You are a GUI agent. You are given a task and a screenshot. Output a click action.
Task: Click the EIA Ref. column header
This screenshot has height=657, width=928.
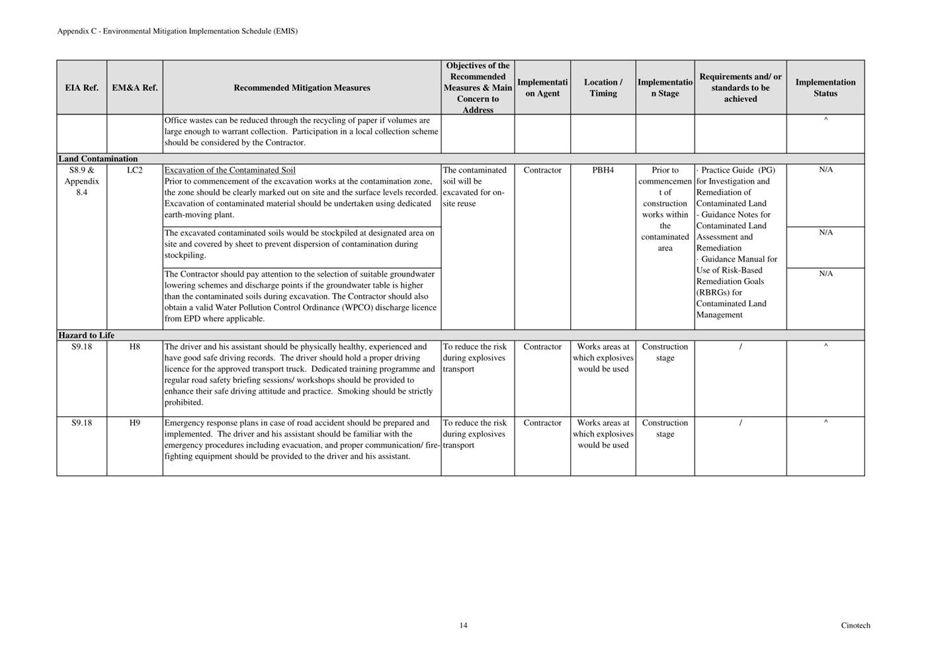(x=81, y=88)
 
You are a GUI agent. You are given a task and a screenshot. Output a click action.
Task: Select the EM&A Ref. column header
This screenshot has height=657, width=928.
(x=134, y=88)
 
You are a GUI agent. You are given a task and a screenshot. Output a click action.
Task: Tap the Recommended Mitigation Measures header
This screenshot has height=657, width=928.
(x=302, y=88)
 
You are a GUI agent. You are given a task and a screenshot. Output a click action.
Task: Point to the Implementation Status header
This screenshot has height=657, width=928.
(x=825, y=88)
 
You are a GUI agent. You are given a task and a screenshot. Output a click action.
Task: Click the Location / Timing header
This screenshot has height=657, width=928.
(x=603, y=88)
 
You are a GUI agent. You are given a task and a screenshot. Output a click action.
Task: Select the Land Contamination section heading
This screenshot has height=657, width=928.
(x=98, y=159)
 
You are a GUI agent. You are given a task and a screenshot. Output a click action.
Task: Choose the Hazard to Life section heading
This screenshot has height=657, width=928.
(x=86, y=335)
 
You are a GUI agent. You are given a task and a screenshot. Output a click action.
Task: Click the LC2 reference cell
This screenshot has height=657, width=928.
(x=134, y=171)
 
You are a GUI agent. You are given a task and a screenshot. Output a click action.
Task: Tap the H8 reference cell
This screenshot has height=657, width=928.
(x=134, y=347)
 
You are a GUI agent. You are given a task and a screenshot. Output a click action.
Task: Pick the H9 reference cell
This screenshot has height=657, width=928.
(x=134, y=423)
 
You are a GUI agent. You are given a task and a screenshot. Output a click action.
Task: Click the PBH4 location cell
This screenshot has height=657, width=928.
(x=603, y=171)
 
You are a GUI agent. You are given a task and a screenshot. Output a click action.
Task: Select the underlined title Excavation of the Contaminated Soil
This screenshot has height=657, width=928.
(x=230, y=171)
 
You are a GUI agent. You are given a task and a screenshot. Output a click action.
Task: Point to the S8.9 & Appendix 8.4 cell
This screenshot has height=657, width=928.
(x=81, y=181)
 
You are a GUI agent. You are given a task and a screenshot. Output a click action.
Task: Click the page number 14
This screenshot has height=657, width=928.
(x=463, y=625)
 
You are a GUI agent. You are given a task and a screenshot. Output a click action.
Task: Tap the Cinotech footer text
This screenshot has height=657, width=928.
(x=855, y=625)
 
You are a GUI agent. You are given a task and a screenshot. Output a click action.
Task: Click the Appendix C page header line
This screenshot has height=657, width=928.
(x=177, y=31)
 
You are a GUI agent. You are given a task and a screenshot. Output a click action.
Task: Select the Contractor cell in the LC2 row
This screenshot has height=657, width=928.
(x=542, y=171)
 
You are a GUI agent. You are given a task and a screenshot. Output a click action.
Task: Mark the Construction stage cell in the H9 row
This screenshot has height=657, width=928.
(x=665, y=428)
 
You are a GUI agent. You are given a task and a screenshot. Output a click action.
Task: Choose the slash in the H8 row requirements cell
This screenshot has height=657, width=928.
(x=740, y=347)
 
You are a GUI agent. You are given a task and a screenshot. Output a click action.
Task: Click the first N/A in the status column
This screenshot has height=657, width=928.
(x=825, y=170)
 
